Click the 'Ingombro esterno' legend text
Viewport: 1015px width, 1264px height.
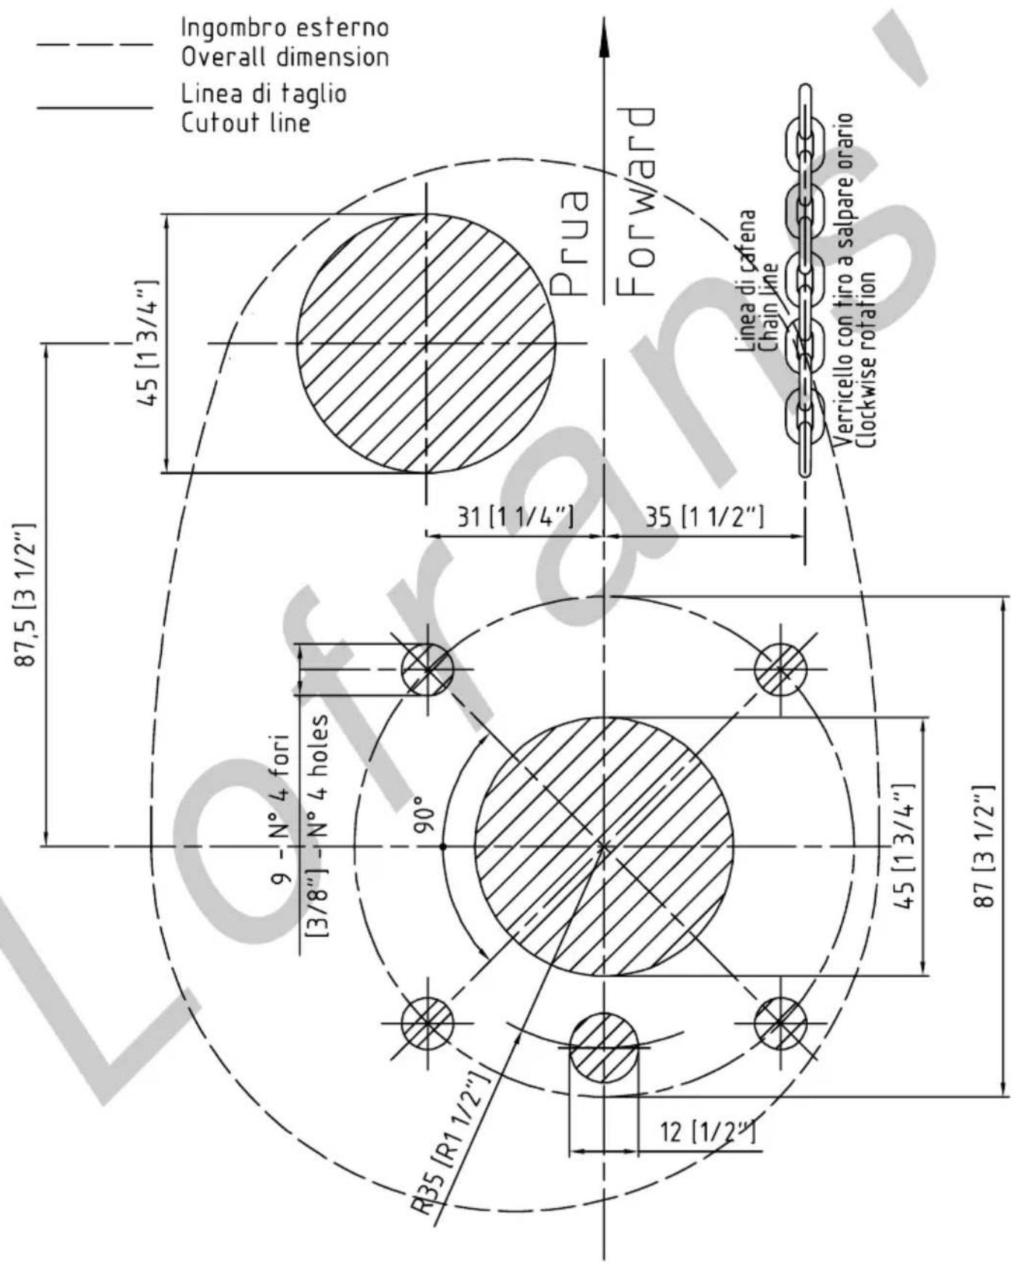[x=285, y=28]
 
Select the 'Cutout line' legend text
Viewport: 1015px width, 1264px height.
[x=245, y=122]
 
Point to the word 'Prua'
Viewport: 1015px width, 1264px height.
[x=568, y=243]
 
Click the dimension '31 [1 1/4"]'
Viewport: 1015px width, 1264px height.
[x=515, y=516]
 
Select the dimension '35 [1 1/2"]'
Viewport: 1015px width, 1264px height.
[x=705, y=516]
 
